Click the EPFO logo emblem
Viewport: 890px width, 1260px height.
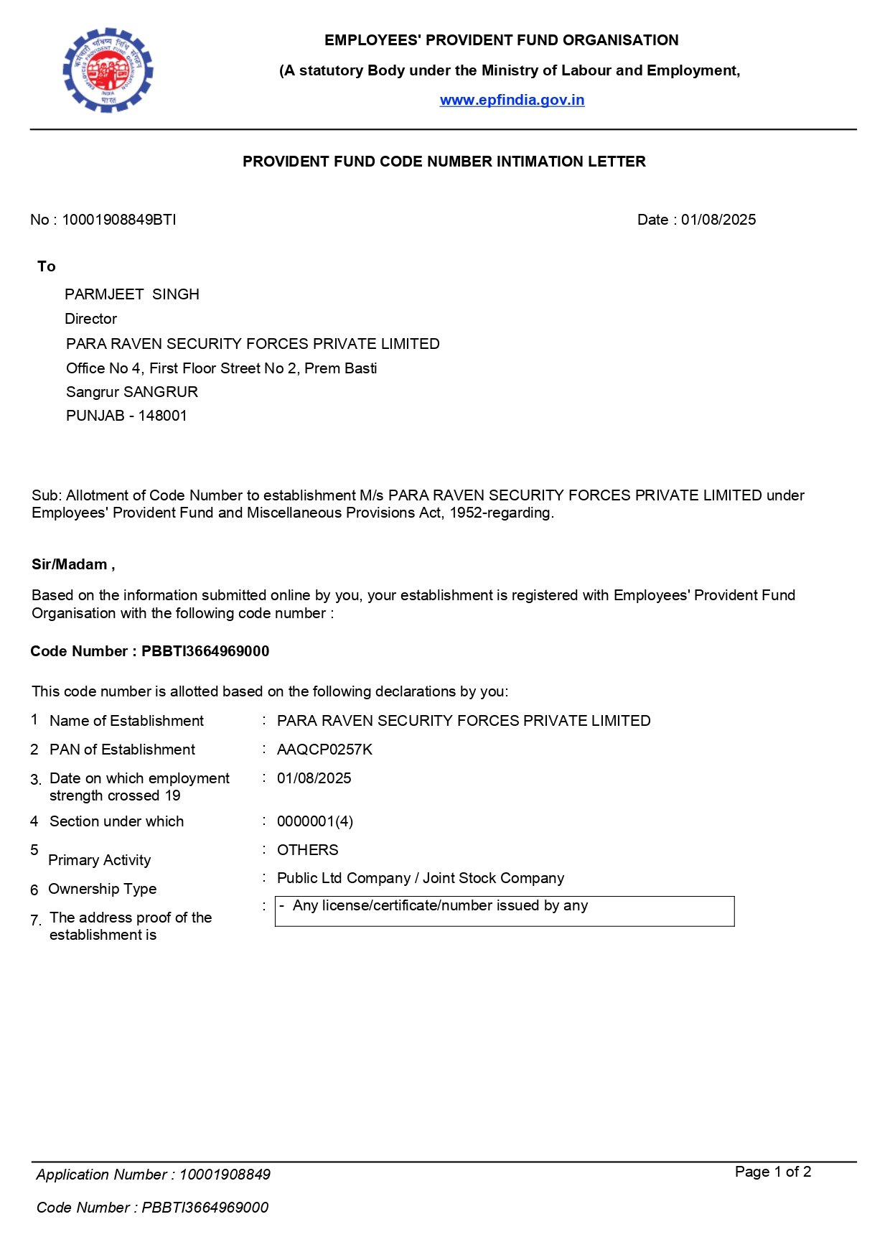tap(108, 70)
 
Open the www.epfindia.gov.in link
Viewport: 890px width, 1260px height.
tap(512, 100)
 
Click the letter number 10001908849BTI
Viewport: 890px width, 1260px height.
tap(118, 220)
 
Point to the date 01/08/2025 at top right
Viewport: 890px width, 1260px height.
tap(718, 220)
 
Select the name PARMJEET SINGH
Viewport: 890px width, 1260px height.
tap(132, 294)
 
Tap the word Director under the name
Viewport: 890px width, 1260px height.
tap(90, 319)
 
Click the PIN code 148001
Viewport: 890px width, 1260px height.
tap(163, 416)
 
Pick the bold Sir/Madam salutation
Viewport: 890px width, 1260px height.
tap(72, 564)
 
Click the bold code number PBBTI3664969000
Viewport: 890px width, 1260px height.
tap(205, 651)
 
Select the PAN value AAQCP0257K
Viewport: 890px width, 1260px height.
tap(324, 750)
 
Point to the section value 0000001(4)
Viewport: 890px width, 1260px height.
tap(315, 821)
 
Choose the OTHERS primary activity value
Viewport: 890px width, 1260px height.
tap(307, 850)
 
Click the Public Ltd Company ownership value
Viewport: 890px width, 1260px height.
tap(421, 878)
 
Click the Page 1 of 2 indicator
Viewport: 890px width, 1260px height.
tap(773, 1172)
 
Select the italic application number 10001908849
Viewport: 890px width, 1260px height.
tap(225, 1175)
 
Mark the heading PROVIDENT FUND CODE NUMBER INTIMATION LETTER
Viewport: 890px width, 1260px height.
tap(444, 162)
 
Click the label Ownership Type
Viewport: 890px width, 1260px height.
tap(102, 889)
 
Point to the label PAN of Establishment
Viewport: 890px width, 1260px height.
tap(122, 750)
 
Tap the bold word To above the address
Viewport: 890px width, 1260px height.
tap(47, 266)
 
